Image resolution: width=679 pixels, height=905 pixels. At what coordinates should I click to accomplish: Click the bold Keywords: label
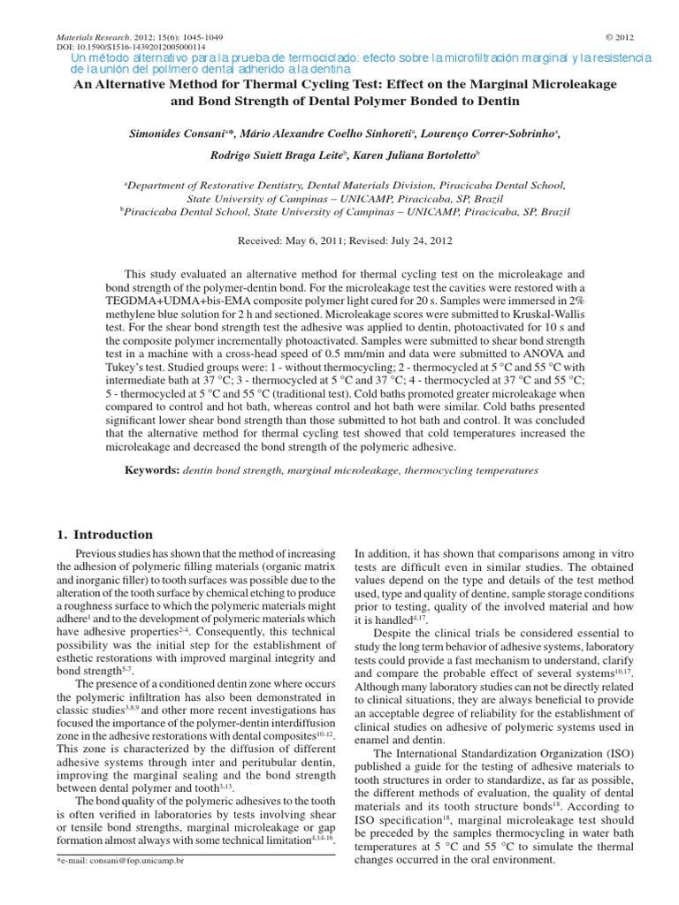point(152,470)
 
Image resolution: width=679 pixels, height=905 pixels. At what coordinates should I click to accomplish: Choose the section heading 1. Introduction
point(104,535)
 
